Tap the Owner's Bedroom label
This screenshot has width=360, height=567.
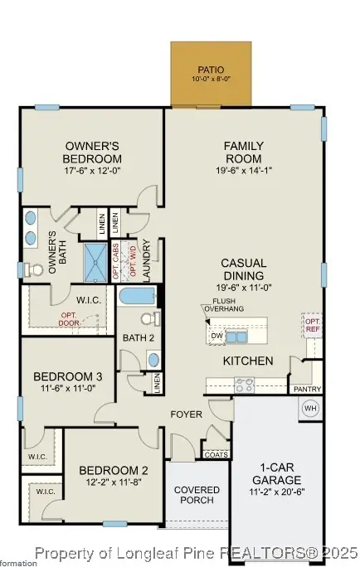coord(93,153)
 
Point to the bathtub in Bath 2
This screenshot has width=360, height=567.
coord(137,296)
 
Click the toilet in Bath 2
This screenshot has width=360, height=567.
coord(147,319)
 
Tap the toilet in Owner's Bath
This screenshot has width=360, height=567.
coord(34,269)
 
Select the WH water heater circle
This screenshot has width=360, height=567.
coord(310,408)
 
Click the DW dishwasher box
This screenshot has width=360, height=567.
coord(216,336)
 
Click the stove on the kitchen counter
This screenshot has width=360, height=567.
coord(245,385)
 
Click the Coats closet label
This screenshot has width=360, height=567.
coord(214,453)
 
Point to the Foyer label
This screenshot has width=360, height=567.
coord(187,414)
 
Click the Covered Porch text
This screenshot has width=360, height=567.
coord(197,495)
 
